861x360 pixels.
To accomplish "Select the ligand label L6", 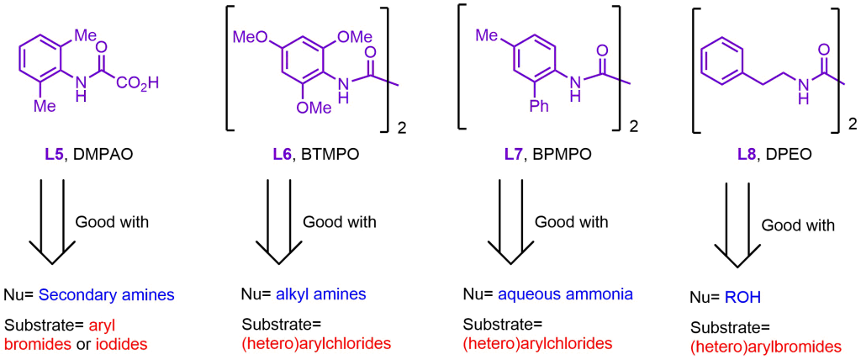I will pyautogui.click(x=282, y=154).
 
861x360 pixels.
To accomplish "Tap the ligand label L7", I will pyautogui.click(x=513, y=154).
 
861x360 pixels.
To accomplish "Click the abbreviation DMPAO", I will pyautogui.click(x=99, y=154).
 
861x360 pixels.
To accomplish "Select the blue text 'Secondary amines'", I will pyautogui.click(x=106, y=295).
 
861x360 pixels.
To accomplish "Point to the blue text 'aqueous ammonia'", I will pyautogui.click(x=565, y=294).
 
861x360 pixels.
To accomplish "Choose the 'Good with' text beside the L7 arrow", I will pyautogui.click(x=571, y=222).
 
